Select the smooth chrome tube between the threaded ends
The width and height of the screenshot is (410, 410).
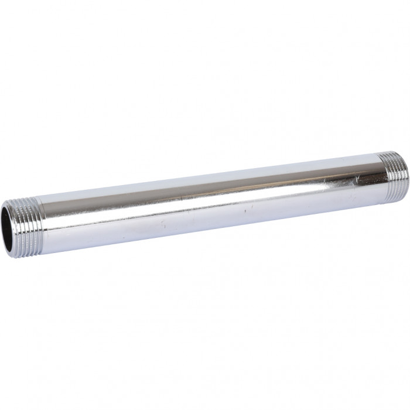[x=205, y=202]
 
